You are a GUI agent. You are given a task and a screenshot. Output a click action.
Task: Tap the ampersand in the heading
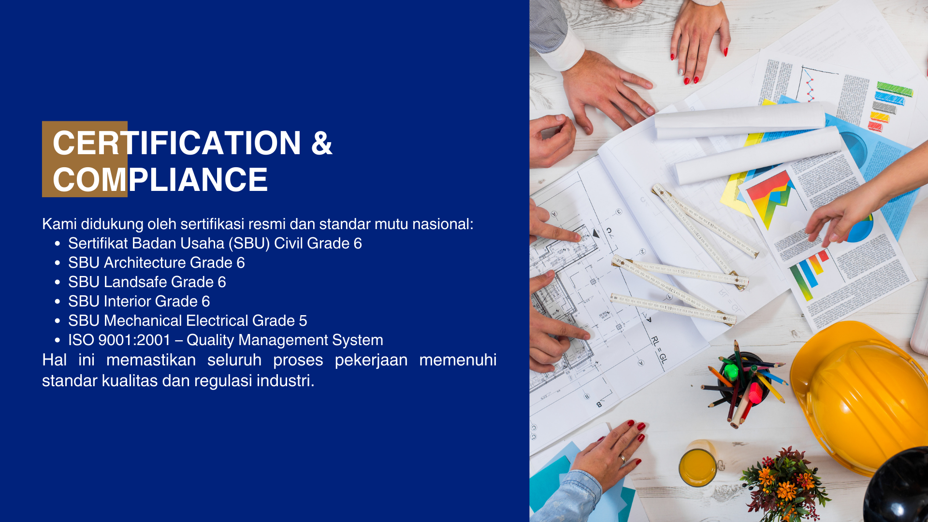(x=322, y=143)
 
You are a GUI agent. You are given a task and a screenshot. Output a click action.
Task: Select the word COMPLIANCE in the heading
(x=160, y=180)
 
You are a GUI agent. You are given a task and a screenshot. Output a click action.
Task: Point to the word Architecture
(x=145, y=262)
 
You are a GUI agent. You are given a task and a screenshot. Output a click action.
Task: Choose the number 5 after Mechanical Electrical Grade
(x=303, y=320)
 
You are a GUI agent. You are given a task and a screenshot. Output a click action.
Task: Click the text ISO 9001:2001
(x=119, y=340)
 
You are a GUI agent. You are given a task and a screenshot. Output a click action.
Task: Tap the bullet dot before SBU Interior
(x=58, y=302)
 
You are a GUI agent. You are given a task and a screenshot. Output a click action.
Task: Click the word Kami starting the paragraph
(x=59, y=224)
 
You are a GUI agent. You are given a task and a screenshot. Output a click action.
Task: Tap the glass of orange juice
(x=697, y=464)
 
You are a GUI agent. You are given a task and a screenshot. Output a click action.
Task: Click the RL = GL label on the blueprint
(x=659, y=349)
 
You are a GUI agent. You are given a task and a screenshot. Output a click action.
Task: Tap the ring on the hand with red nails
(x=623, y=458)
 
